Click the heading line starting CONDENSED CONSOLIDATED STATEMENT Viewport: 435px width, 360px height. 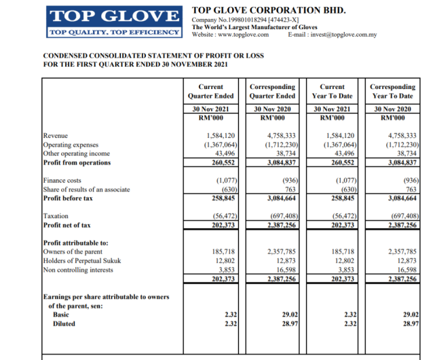tap(153, 55)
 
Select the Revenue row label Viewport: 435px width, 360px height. tap(56, 136)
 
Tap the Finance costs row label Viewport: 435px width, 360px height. tap(63, 181)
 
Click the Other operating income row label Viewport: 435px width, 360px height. tap(76, 154)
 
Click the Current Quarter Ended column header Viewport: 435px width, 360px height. tap(210, 92)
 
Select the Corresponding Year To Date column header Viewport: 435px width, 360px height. tap(393, 92)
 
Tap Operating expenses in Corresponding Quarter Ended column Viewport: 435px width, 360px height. tap(278, 145)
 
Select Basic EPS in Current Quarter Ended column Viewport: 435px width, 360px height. tap(230, 314)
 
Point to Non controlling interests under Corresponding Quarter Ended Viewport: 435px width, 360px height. tap(285, 269)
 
